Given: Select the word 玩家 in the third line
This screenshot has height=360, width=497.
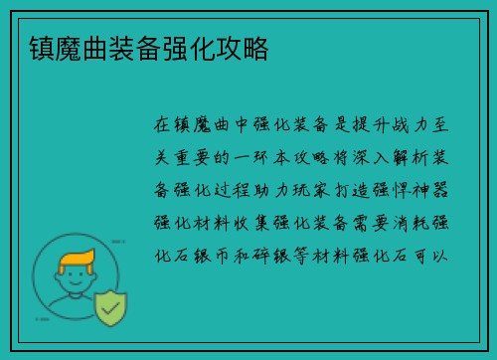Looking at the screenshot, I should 316,189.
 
